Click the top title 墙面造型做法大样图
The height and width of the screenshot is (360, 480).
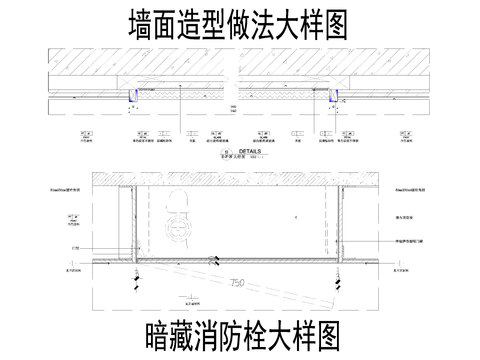[240, 24]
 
